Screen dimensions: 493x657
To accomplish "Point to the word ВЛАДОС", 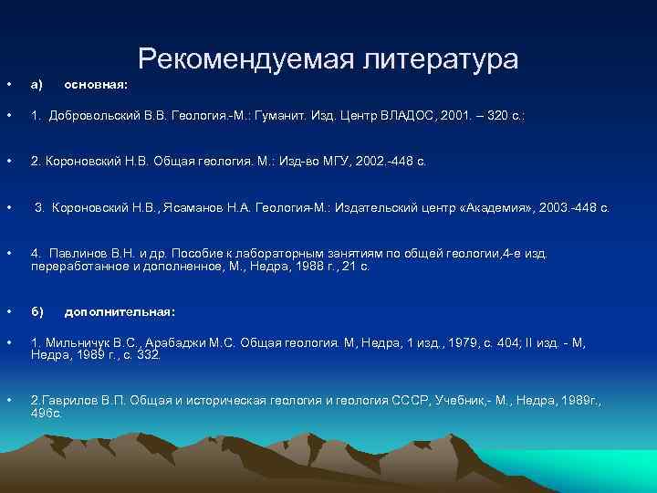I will point(411,116).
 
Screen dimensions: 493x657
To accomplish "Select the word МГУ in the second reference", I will point(328,161).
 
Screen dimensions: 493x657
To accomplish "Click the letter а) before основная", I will point(37,84).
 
